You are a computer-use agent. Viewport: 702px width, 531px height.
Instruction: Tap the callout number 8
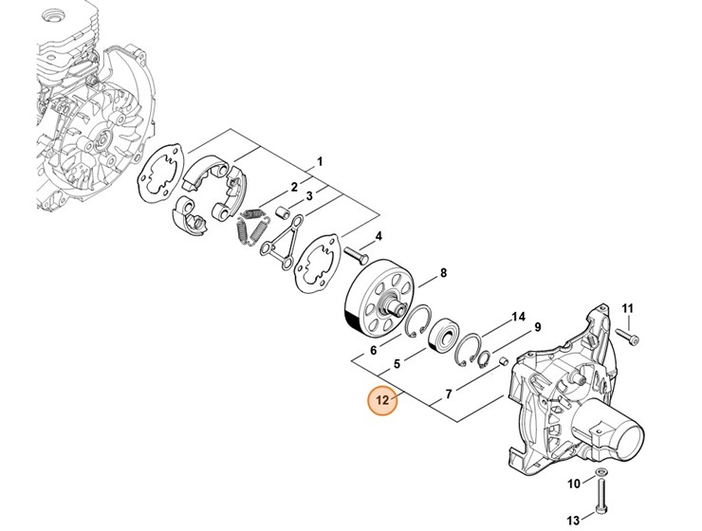[443, 275]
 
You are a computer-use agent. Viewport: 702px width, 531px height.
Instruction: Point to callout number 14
[518, 316]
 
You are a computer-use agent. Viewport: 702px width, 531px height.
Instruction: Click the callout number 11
[626, 307]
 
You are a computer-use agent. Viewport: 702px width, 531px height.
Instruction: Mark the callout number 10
[574, 485]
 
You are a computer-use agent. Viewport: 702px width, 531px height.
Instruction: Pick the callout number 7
[449, 391]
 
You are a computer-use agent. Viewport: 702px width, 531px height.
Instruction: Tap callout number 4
[379, 236]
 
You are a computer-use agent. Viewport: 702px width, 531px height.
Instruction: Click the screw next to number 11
[628, 334]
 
